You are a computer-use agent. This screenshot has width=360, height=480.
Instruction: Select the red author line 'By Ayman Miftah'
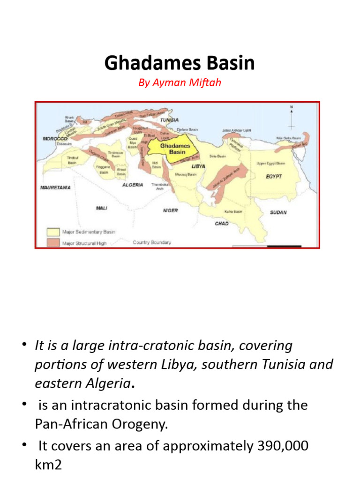(180, 83)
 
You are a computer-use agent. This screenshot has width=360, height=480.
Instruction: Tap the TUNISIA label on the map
(169, 120)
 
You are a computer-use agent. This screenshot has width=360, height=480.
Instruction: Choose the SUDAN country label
(278, 212)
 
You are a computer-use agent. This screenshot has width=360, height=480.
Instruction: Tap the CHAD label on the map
(222, 224)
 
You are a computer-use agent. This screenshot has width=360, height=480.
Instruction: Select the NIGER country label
(170, 210)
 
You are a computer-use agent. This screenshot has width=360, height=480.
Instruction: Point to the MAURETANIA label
(56, 187)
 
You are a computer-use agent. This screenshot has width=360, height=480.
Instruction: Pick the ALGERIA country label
(133, 185)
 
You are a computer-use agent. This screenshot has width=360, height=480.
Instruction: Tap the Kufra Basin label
(233, 212)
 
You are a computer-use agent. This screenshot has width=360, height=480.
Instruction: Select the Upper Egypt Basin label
(270, 164)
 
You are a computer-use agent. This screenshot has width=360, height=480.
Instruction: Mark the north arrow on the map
(291, 117)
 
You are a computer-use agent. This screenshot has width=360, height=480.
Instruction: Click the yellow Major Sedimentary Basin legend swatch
(52, 232)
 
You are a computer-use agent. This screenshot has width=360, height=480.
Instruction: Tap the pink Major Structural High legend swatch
(52, 242)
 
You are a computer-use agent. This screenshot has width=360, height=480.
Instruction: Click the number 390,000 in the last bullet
(280, 446)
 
